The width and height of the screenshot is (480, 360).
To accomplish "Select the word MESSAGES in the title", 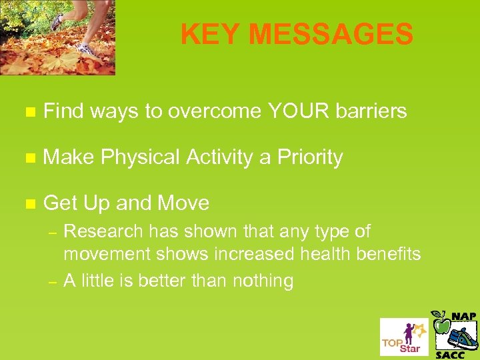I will point(329,35).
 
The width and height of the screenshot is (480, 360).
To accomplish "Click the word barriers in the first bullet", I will point(373,111).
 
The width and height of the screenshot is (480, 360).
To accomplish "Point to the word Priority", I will point(310,157).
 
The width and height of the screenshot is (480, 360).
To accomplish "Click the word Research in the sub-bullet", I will point(103,232).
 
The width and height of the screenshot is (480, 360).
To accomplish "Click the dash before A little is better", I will point(53,281).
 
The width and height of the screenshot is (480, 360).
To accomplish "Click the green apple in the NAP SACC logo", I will point(441,325).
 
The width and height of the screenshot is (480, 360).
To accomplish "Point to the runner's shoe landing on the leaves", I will point(85,49).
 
